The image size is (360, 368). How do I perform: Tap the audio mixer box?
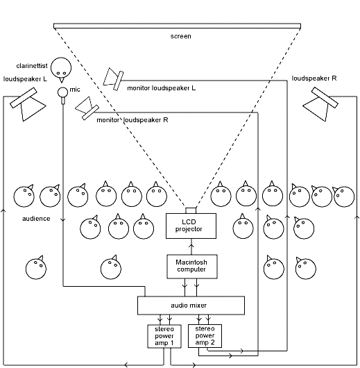191,305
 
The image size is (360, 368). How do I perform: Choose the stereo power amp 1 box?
164,335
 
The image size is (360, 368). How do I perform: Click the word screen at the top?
181,36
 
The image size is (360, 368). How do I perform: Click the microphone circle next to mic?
62,92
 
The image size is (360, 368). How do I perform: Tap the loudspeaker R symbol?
320,104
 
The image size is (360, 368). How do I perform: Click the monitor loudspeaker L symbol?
113,78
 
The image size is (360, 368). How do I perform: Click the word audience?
36,218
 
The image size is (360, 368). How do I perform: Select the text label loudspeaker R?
314,78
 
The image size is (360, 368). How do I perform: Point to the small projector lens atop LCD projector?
191,210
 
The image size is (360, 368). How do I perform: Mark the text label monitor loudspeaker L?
162,88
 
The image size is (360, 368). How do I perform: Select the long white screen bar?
178,26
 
